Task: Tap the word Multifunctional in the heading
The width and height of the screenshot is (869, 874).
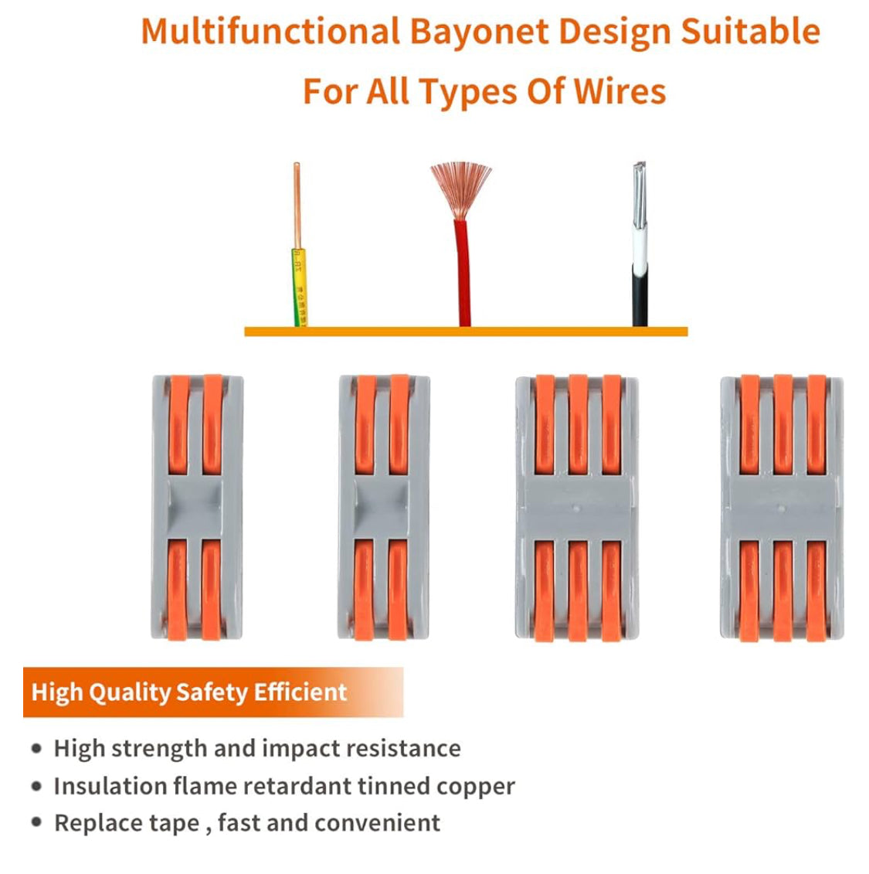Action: point(270,32)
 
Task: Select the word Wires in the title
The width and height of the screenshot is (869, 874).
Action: point(620,91)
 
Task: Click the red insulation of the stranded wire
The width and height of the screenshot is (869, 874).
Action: point(463,270)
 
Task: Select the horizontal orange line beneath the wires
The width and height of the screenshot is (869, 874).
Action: point(466,332)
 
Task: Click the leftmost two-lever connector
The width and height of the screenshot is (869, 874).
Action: point(197,507)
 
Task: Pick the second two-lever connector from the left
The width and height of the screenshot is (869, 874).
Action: point(383,507)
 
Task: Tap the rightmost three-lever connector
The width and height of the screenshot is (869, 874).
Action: point(782,507)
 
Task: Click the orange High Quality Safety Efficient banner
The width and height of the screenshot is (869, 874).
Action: point(213,692)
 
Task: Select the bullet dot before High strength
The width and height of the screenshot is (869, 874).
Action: point(36,748)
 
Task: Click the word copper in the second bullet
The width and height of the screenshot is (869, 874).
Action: point(475,787)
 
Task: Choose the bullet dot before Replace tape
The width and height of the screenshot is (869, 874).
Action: point(36,822)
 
